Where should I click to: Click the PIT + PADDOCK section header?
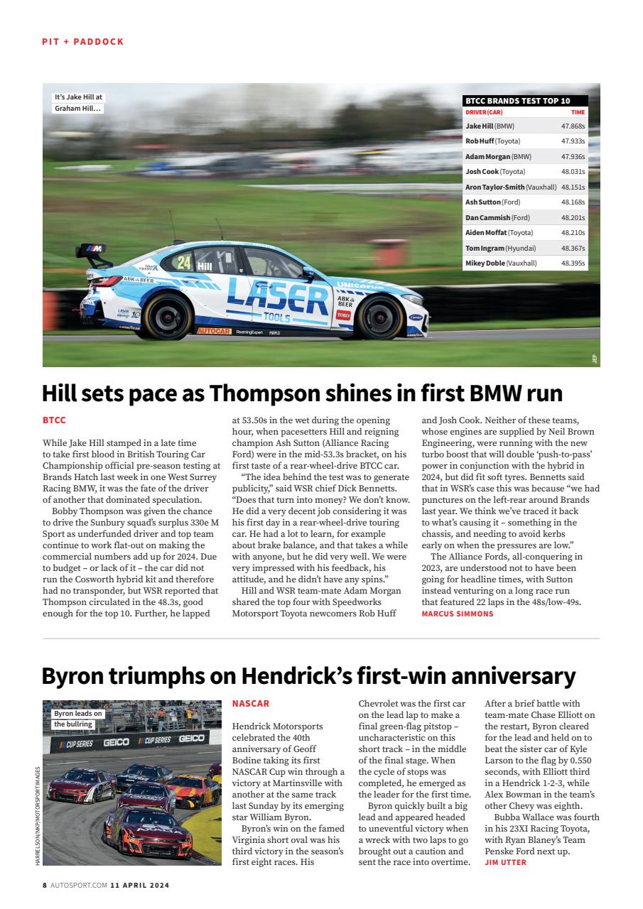click(x=82, y=42)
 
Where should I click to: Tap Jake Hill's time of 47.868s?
click(x=573, y=126)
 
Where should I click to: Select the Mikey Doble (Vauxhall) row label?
click(x=501, y=263)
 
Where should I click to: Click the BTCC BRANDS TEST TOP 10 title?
click(x=517, y=102)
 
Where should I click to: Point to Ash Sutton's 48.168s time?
click(x=573, y=202)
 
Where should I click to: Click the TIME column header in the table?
click(x=578, y=112)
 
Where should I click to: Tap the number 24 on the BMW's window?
click(x=184, y=262)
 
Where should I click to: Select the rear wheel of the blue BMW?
click(x=168, y=315)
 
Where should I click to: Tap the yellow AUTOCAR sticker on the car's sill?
click(x=213, y=331)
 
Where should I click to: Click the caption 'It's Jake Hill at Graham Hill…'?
click(x=78, y=103)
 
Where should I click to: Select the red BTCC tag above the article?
click(x=54, y=420)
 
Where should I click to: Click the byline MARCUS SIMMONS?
click(x=457, y=614)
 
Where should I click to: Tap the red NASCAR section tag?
click(x=251, y=704)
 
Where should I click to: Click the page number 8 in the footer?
click(x=45, y=886)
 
